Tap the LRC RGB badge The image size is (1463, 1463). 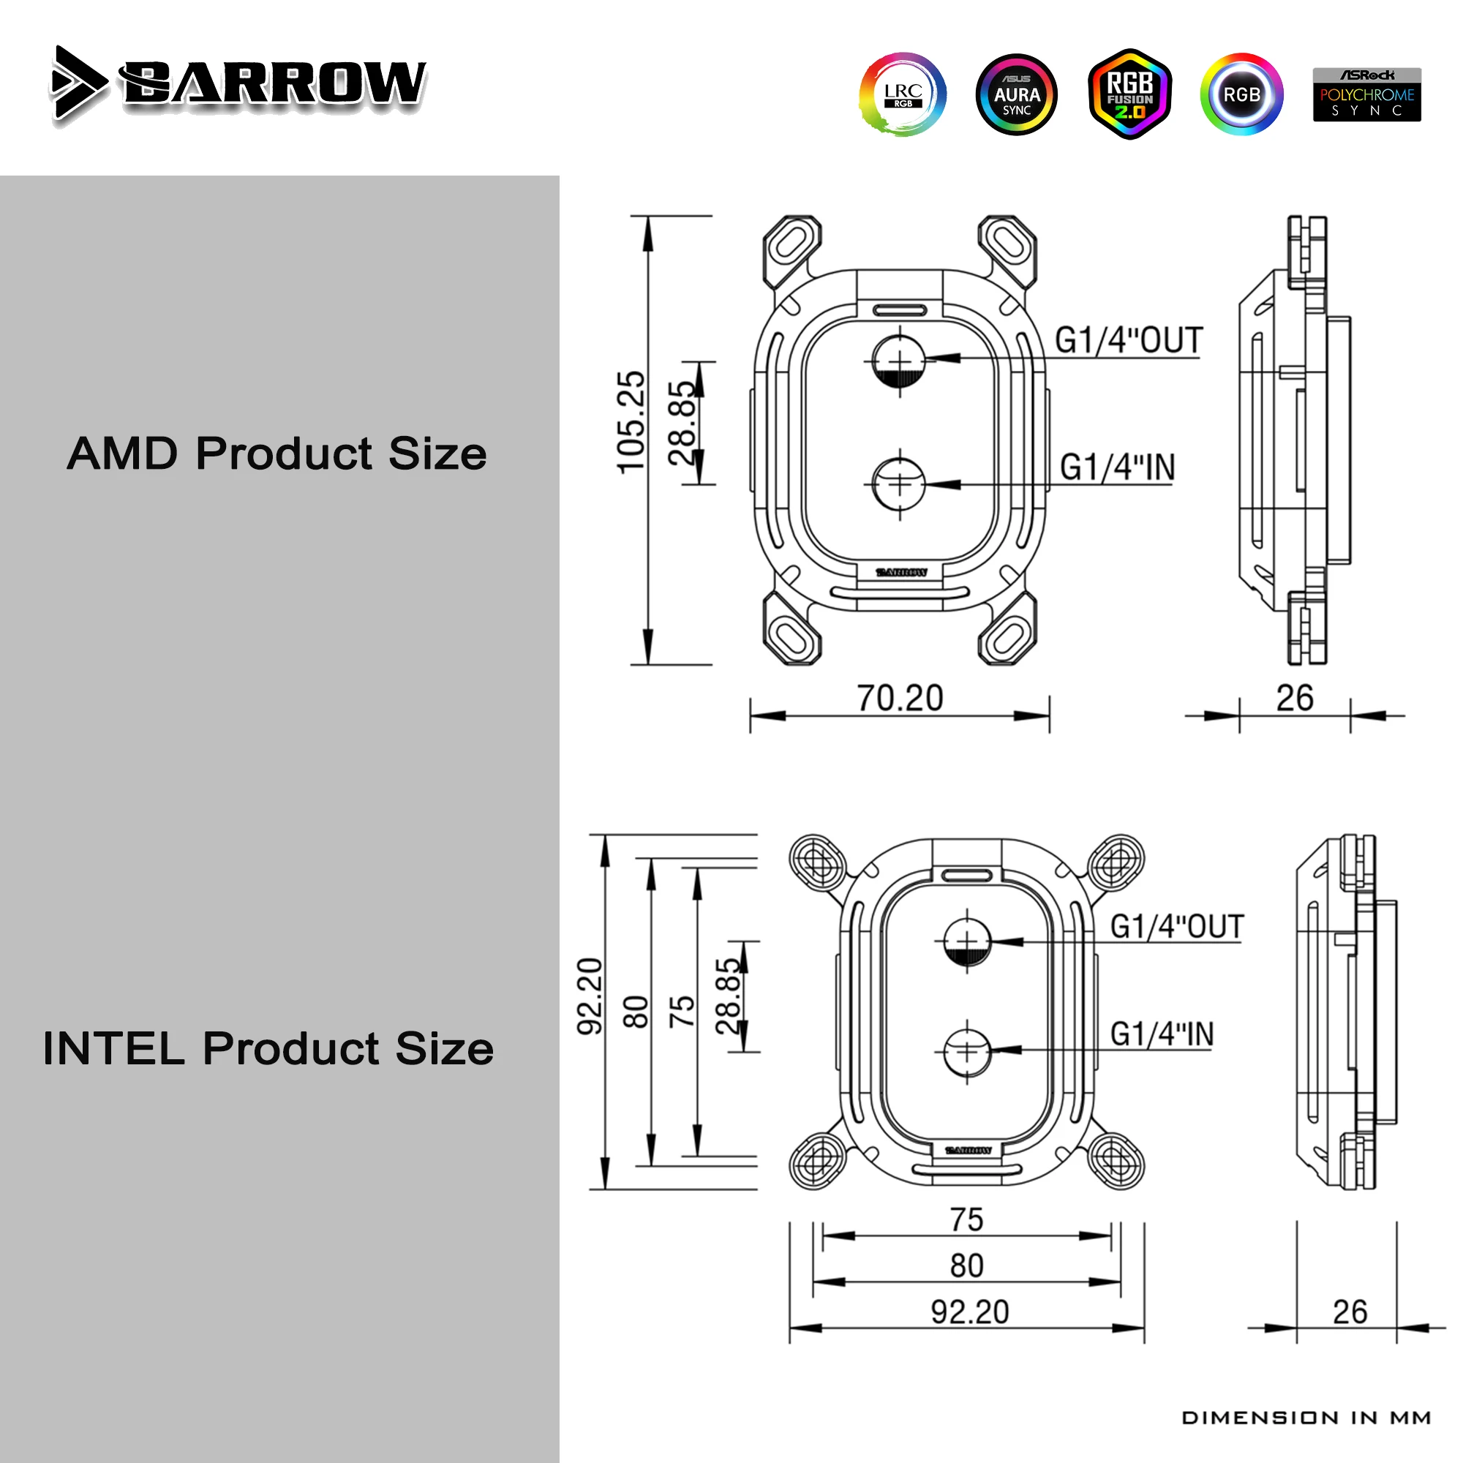903,94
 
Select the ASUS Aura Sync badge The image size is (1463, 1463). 1016,94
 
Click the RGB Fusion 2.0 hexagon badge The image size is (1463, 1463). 1130,94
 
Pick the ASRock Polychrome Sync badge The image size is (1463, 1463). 1367,94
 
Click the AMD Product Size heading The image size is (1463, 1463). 277,454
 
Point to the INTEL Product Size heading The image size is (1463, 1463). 268,1048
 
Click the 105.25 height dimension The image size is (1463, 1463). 631,423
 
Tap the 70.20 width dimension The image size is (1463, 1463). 900,697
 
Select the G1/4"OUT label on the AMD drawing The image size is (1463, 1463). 1129,341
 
